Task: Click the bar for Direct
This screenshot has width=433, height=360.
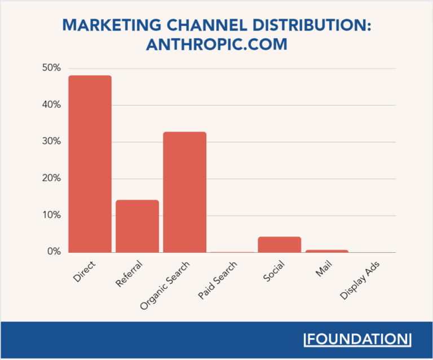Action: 90,164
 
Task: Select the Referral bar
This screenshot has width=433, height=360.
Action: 138,226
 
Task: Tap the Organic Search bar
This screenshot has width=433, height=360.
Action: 185,192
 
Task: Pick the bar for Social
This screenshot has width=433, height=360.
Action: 280,244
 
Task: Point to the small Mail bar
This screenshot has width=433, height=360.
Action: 327,251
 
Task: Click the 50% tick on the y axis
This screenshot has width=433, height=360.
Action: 51,68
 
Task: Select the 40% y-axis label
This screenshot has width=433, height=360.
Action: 51,105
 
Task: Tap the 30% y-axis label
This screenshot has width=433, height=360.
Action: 51,142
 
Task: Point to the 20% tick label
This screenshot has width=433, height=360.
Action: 51,178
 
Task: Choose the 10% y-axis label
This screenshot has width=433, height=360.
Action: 51,215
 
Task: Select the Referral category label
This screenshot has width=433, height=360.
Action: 129,274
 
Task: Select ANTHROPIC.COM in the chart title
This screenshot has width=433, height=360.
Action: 216,45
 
